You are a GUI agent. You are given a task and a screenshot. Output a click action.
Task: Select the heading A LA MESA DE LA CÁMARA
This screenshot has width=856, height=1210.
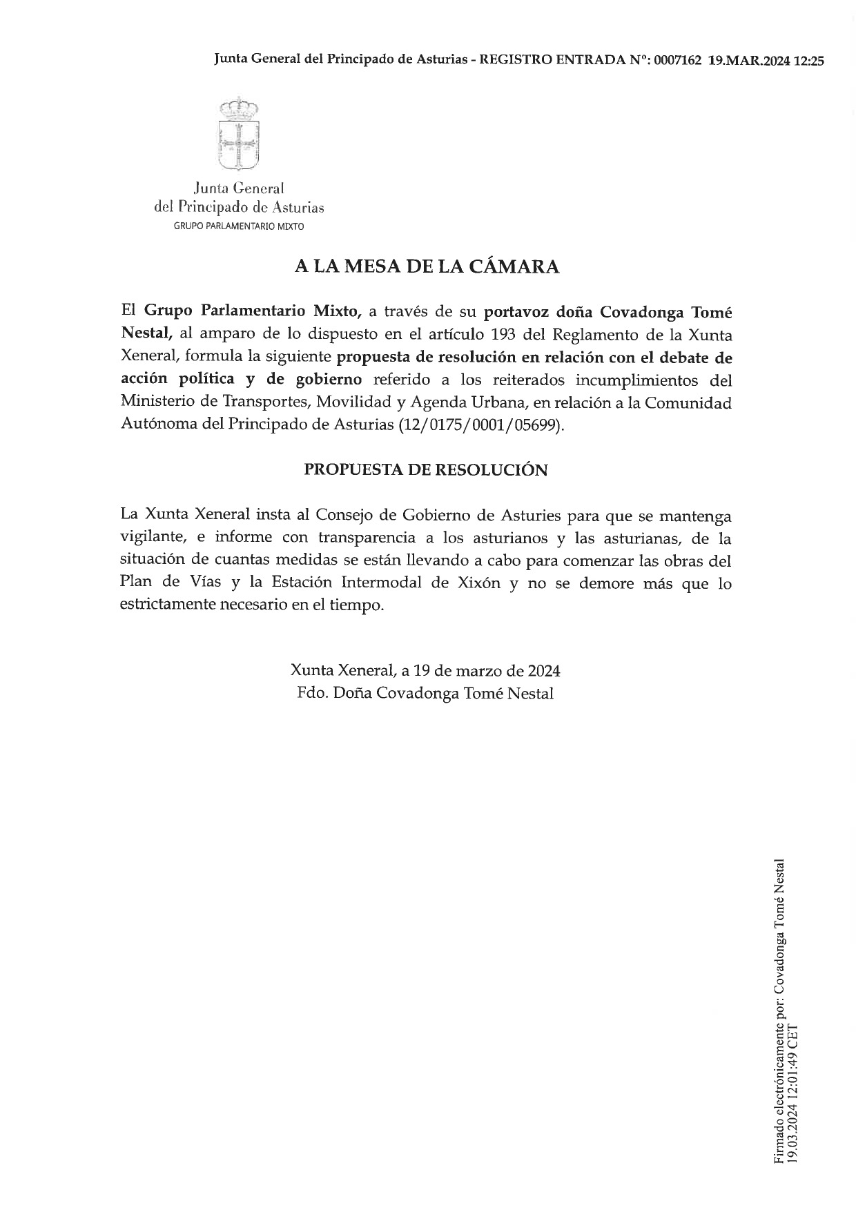[427, 267]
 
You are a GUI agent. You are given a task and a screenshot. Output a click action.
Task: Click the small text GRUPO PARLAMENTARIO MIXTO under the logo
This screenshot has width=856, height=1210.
[238, 226]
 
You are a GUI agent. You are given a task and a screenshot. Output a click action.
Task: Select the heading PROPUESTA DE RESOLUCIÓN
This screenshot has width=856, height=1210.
[426, 470]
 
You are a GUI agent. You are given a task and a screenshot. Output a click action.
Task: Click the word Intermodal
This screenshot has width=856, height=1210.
[381, 583]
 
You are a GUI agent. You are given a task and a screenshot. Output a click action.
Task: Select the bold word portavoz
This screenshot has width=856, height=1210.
[513, 312]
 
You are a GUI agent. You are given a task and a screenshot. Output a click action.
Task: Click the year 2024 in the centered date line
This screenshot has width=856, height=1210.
[544, 670]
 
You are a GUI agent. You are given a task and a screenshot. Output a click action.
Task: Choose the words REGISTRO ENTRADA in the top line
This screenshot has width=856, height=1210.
[552, 60]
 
